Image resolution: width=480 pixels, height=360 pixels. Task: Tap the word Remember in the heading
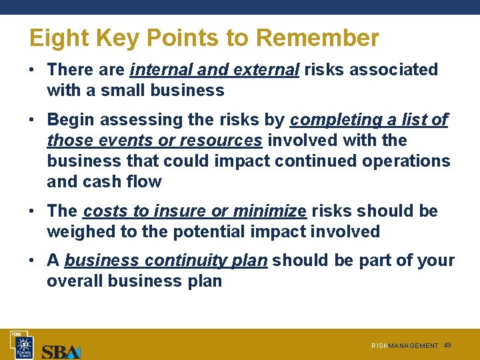pos(317,38)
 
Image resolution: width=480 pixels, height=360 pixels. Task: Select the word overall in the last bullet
pos(75,281)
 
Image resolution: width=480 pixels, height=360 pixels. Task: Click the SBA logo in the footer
pos(61,351)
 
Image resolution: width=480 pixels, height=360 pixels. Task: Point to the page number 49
pos(447,345)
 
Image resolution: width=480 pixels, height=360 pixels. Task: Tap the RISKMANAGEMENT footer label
pos(405,346)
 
